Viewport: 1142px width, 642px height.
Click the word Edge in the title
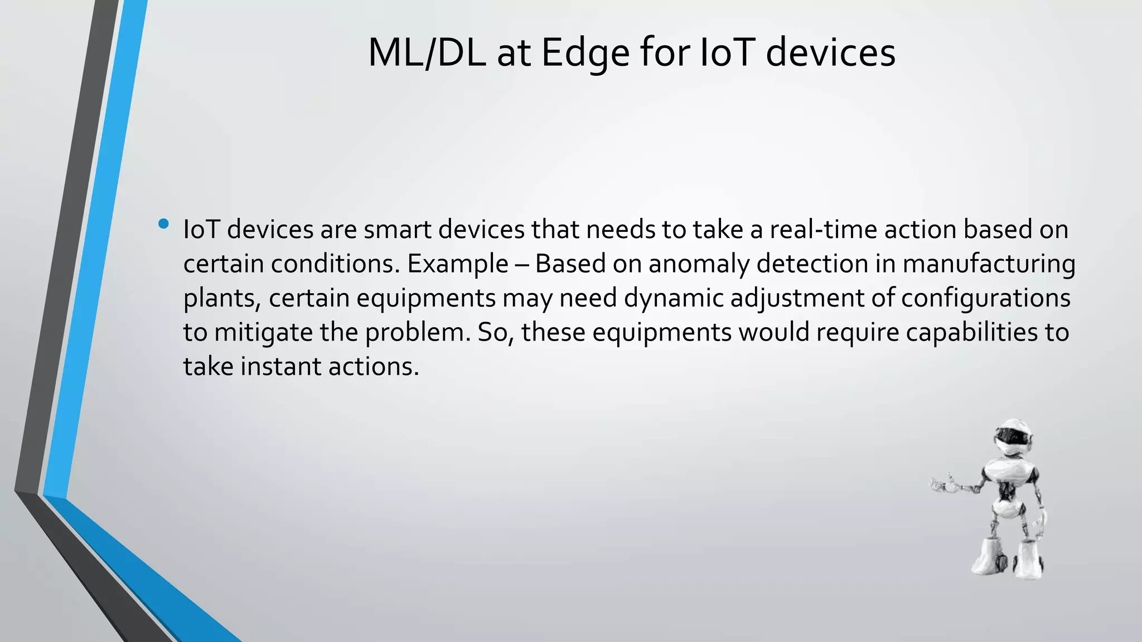tap(585, 54)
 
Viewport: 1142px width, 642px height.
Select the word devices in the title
tap(830, 53)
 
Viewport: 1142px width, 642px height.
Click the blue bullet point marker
tap(163, 224)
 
